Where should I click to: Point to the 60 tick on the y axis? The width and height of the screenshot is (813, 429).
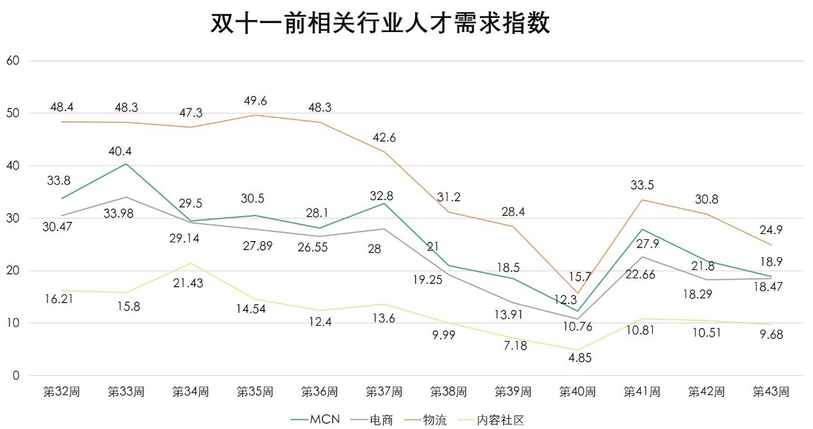13,61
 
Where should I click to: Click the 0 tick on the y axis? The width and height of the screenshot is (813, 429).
17,376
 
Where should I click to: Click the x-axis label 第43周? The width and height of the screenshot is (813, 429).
770,391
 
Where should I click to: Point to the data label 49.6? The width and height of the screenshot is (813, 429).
255,101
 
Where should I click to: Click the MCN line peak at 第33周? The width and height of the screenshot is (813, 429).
126,164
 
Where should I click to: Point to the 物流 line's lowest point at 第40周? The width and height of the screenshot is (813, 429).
577,293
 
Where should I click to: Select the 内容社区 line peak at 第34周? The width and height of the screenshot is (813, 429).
190,264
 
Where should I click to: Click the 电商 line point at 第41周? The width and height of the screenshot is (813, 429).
642,257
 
